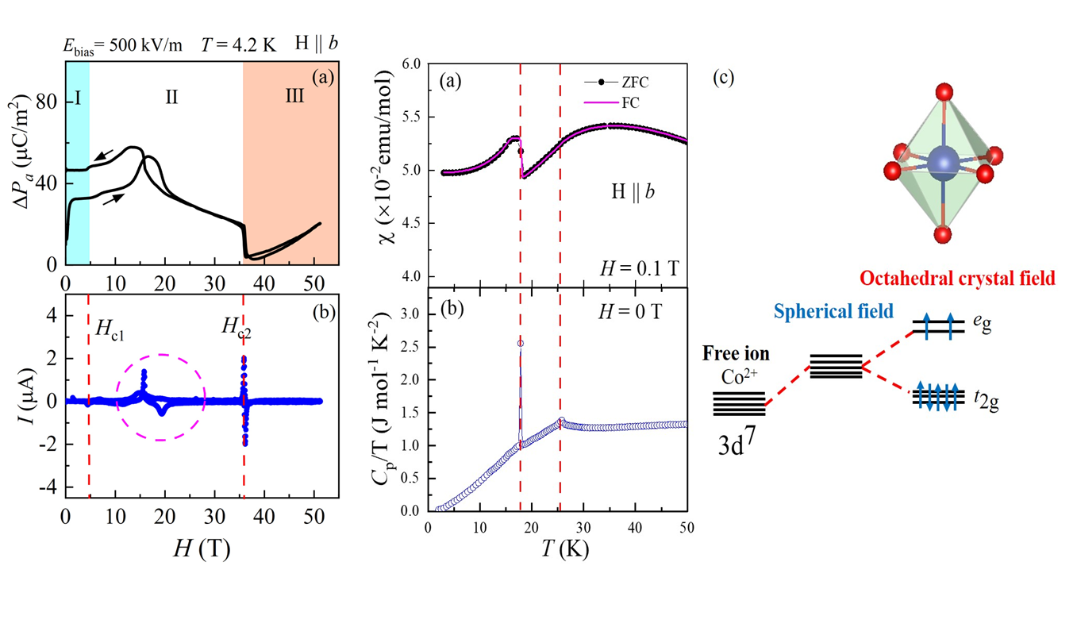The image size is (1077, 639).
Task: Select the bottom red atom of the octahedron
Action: pos(942,234)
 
